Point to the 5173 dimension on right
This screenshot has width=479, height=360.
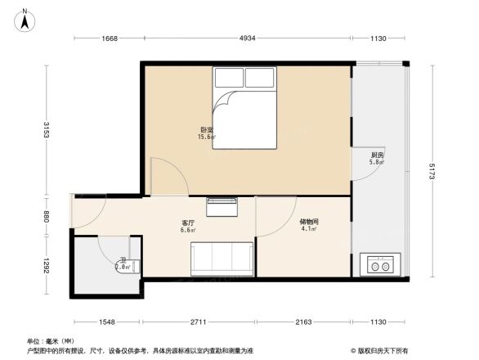tap(431, 172)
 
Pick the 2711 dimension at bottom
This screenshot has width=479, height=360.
tap(199, 322)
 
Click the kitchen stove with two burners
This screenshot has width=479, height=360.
tap(379, 265)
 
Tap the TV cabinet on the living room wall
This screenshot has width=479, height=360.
tap(221, 205)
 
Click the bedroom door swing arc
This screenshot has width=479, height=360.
tap(163, 176)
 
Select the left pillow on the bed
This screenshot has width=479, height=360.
tap(230, 78)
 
